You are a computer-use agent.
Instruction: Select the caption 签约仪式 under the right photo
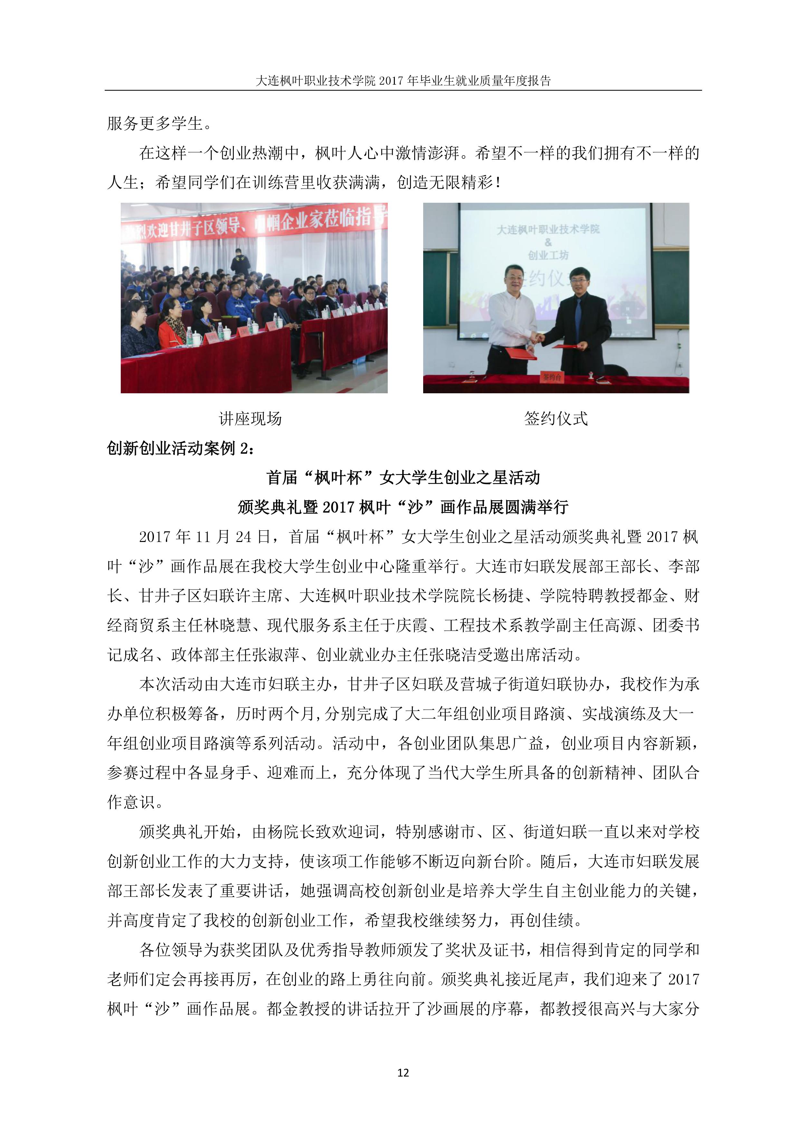pyautogui.click(x=556, y=418)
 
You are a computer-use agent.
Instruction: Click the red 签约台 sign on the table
pyautogui.click(x=552, y=377)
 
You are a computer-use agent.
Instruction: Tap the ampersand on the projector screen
pyautogui.click(x=548, y=242)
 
